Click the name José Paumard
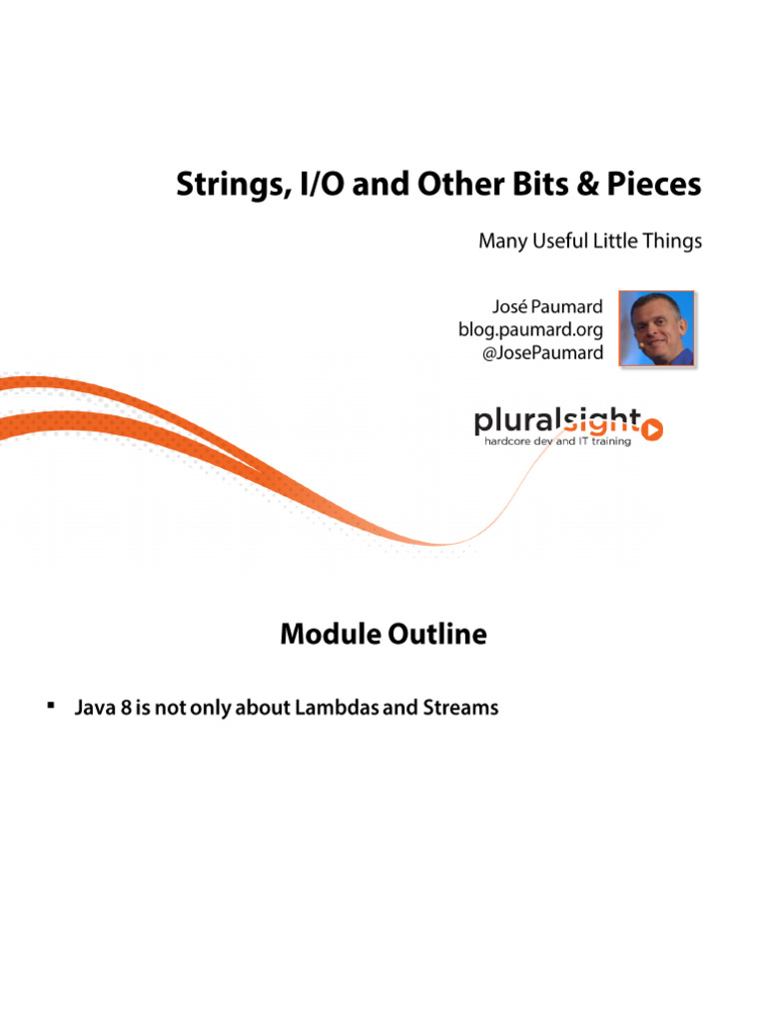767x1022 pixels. click(x=548, y=306)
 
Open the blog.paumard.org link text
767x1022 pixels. click(x=531, y=329)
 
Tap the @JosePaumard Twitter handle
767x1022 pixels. click(x=542, y=352)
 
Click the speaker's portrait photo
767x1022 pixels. click(x=656, y=328)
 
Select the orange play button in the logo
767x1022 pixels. click(x=652, y=429)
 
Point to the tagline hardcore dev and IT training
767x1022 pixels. click(x=557, y=441)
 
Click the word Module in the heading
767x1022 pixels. click(x=330, y=634)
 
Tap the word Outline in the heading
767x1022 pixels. click(x=437, y=634)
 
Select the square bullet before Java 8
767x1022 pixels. click(x=49, y=707)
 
